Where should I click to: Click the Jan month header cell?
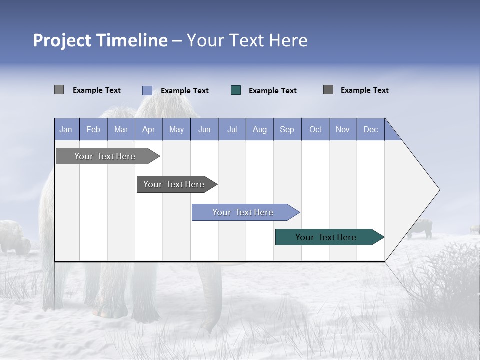pos(66,129)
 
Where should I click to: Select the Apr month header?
pos(149,129)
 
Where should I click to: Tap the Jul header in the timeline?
pos(232,129)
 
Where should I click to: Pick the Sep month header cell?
pos(287,129)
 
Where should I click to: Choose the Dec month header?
pos(370,129)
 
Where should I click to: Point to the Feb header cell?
pos(93,129)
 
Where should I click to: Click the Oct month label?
pos(315,129)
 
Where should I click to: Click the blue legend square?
pos(147,90)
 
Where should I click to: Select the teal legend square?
pos(236,90)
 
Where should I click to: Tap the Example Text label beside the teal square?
pos(272,91)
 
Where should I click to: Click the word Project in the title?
pos(62,40)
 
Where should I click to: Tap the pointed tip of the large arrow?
pos(438,190)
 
